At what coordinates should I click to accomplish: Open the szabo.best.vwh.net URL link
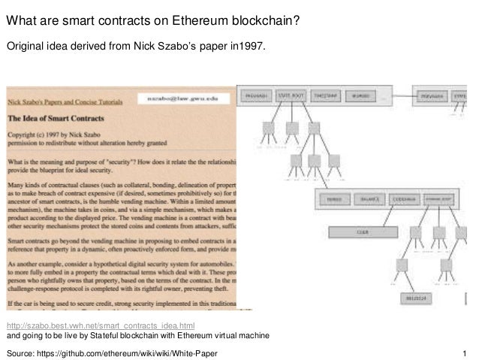101,325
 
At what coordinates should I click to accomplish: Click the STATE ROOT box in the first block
291,96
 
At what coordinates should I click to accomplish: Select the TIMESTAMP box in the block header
325,96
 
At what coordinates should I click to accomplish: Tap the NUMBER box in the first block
360,96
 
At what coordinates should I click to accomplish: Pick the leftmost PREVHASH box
257,96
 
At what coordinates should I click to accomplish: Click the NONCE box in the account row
334,198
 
